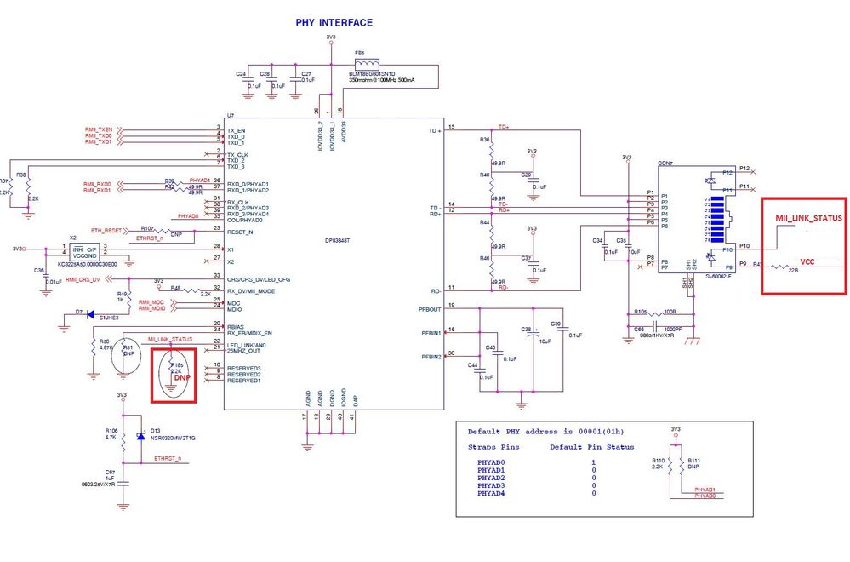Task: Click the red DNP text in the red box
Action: click(181, 377)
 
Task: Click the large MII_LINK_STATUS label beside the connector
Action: click(808, 219)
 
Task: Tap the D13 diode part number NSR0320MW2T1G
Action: click(173, 439)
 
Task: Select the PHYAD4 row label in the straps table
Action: click(492, 494)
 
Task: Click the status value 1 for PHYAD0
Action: click(593, 462)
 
